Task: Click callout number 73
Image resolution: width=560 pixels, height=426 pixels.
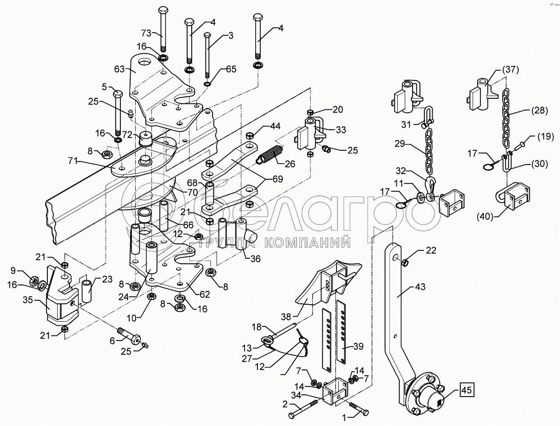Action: [x=145, y=33]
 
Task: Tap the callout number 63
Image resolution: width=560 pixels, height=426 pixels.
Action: [x=120, y=70]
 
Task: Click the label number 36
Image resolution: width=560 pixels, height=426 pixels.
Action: [x=256, y=259]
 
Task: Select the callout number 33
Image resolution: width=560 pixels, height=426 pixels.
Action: [x=341, y=130]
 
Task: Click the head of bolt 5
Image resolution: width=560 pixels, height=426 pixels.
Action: [x=117, y=94]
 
